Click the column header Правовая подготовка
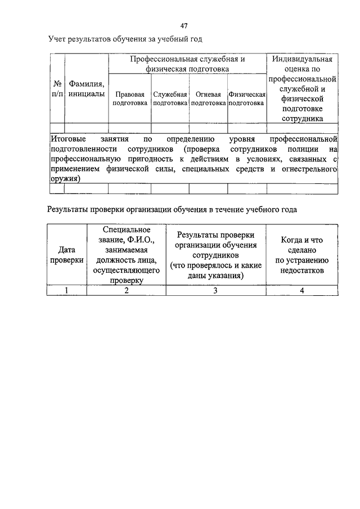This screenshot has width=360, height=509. coord(130,98)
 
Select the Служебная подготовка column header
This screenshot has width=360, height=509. coord(170,98)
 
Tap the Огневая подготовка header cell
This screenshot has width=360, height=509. coord(208,98)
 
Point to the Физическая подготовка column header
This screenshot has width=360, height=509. coord(247,98)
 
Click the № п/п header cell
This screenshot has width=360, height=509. coord(57,89)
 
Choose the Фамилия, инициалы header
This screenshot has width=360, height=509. coord(87,89)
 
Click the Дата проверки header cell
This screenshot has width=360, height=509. coord(67,255)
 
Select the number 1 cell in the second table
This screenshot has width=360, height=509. coord(67,290)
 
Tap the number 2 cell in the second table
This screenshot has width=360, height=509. coord(127,290)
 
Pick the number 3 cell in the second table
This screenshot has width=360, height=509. coord(215,290)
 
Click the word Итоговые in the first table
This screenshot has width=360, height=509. coord(67,138)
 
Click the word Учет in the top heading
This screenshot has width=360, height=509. coord(57,39)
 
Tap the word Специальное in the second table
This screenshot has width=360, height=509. coord(127,229)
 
